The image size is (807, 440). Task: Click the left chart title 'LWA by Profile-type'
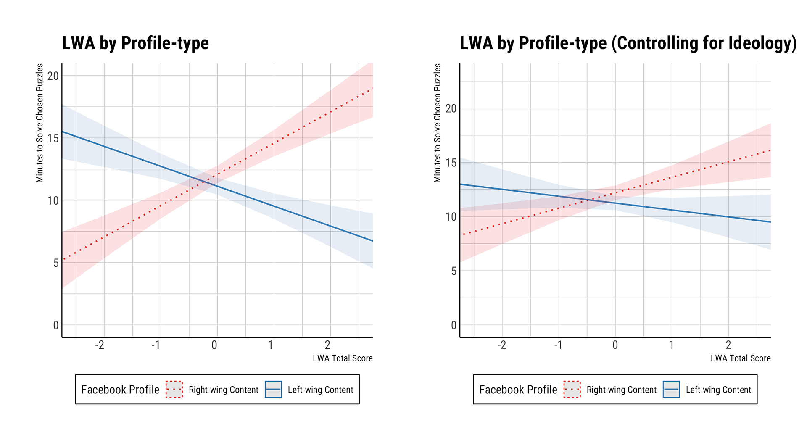(x=135, y=43)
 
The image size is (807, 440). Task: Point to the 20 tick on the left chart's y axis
(x=53, y=76)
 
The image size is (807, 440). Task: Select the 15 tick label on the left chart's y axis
(x=53, y=138)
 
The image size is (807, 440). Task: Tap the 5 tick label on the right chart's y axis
(x=454, y=271)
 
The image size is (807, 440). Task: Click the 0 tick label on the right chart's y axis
(x=454, y=325)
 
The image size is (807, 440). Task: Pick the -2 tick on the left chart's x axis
(x=99, y=345)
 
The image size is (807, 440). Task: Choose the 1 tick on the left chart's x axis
(x=271, y=345)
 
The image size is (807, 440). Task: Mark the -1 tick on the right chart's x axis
(x=558, y=345)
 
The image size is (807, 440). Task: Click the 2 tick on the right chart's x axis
(x=728, y=345)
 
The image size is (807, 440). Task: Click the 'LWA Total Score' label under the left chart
(x=343, y=358)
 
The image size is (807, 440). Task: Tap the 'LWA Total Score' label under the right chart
(x=741, y=358)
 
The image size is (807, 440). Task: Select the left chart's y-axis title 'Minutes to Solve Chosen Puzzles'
(x=40, y=123)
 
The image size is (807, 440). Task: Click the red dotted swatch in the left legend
(x=174, y=390)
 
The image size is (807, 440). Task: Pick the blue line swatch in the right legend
(x=671, y=390)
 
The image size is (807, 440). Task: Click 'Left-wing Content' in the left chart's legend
(x=320, y=390)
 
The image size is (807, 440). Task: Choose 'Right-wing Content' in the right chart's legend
(x=621, y=390)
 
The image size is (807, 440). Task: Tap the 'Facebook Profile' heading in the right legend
(x=518, y=390)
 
